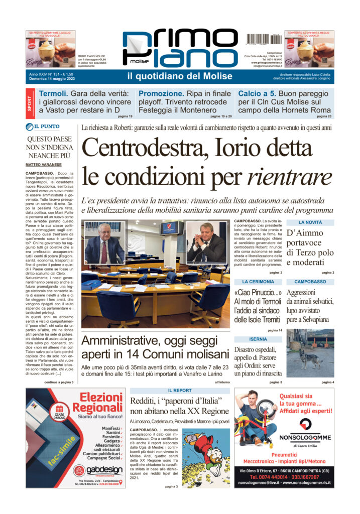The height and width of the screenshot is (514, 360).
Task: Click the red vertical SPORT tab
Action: click(30, 102)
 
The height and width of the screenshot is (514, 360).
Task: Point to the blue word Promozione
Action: click(161, 93)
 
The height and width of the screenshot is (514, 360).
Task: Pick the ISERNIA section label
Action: click(258, 339)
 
